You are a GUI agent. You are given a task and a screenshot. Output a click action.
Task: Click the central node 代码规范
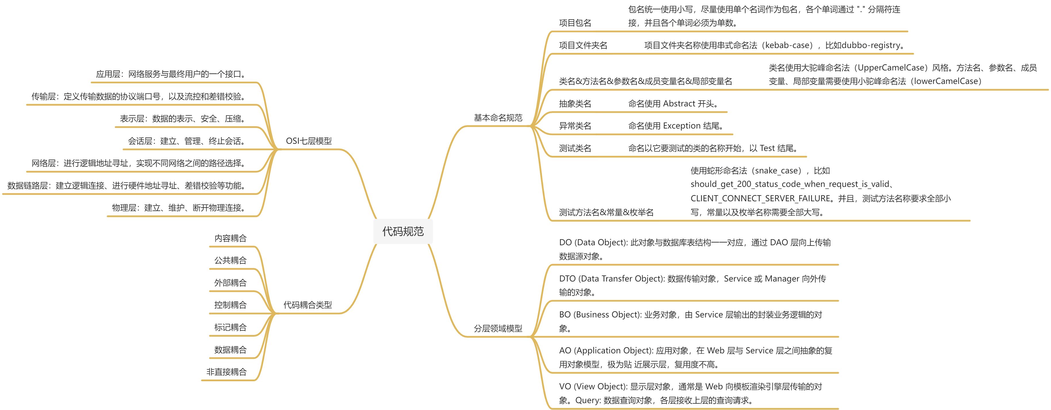click(x=403, y=231)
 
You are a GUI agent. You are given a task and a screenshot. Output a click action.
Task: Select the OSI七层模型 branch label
click(x=308, y=141)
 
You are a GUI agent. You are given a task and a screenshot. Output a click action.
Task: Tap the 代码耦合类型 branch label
click(x=308, y=305)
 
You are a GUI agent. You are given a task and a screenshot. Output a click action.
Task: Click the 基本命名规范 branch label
click(x=498, y=118)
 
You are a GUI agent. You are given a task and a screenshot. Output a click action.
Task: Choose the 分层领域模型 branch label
click(x=498, y=328)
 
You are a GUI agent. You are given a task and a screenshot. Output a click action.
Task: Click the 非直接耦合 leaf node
click(x=227, y=372)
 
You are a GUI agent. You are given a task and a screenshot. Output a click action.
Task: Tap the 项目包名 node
click(x=575, y=23)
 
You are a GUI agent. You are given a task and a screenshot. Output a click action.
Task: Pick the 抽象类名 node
click(x=575, y=104)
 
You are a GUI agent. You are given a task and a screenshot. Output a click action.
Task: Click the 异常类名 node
click(x=575, y=126)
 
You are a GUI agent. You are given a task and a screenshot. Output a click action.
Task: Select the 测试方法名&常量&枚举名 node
click(x=606, y=212)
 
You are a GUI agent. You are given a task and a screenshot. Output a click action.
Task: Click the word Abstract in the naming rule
click(x=679, y=104)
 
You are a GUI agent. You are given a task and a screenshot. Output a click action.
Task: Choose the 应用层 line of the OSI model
click(x=171, y=74)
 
